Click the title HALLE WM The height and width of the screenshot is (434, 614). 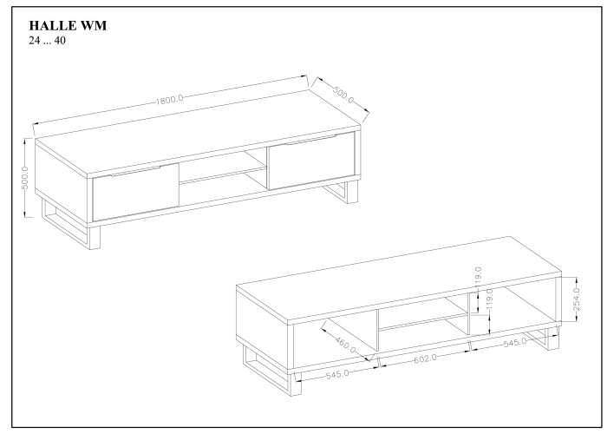coord(68,25)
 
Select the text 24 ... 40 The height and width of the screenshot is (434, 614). coord(47,41)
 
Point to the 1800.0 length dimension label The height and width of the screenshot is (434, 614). coord(170,100)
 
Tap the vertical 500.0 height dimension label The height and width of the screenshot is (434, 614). coord(25,177)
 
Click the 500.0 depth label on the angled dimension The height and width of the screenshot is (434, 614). coord(343,95)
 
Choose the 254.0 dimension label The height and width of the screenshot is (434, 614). coord(577,299)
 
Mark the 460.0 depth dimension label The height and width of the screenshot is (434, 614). coord(345,344)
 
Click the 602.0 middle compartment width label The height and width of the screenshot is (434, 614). coord(425,358)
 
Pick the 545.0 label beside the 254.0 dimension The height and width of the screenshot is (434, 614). coord(515,343)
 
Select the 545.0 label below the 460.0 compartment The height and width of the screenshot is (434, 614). coord(337,374)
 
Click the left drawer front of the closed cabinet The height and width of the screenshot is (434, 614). coord(135,192)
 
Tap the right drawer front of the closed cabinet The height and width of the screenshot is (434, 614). coord(311,161)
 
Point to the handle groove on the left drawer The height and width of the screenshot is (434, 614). coord(135,171)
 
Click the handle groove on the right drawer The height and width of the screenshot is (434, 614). coord(311,140)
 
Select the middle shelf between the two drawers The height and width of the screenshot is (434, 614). coord(223,174)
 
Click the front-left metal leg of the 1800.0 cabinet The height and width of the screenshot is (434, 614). coord(94,237)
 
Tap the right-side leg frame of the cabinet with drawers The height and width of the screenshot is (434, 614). coord(342,191)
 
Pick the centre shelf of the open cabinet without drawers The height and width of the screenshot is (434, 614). coord(423,321)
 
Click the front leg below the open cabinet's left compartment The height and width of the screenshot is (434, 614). coord(296,384)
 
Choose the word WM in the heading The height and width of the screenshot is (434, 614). coord(94,25)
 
